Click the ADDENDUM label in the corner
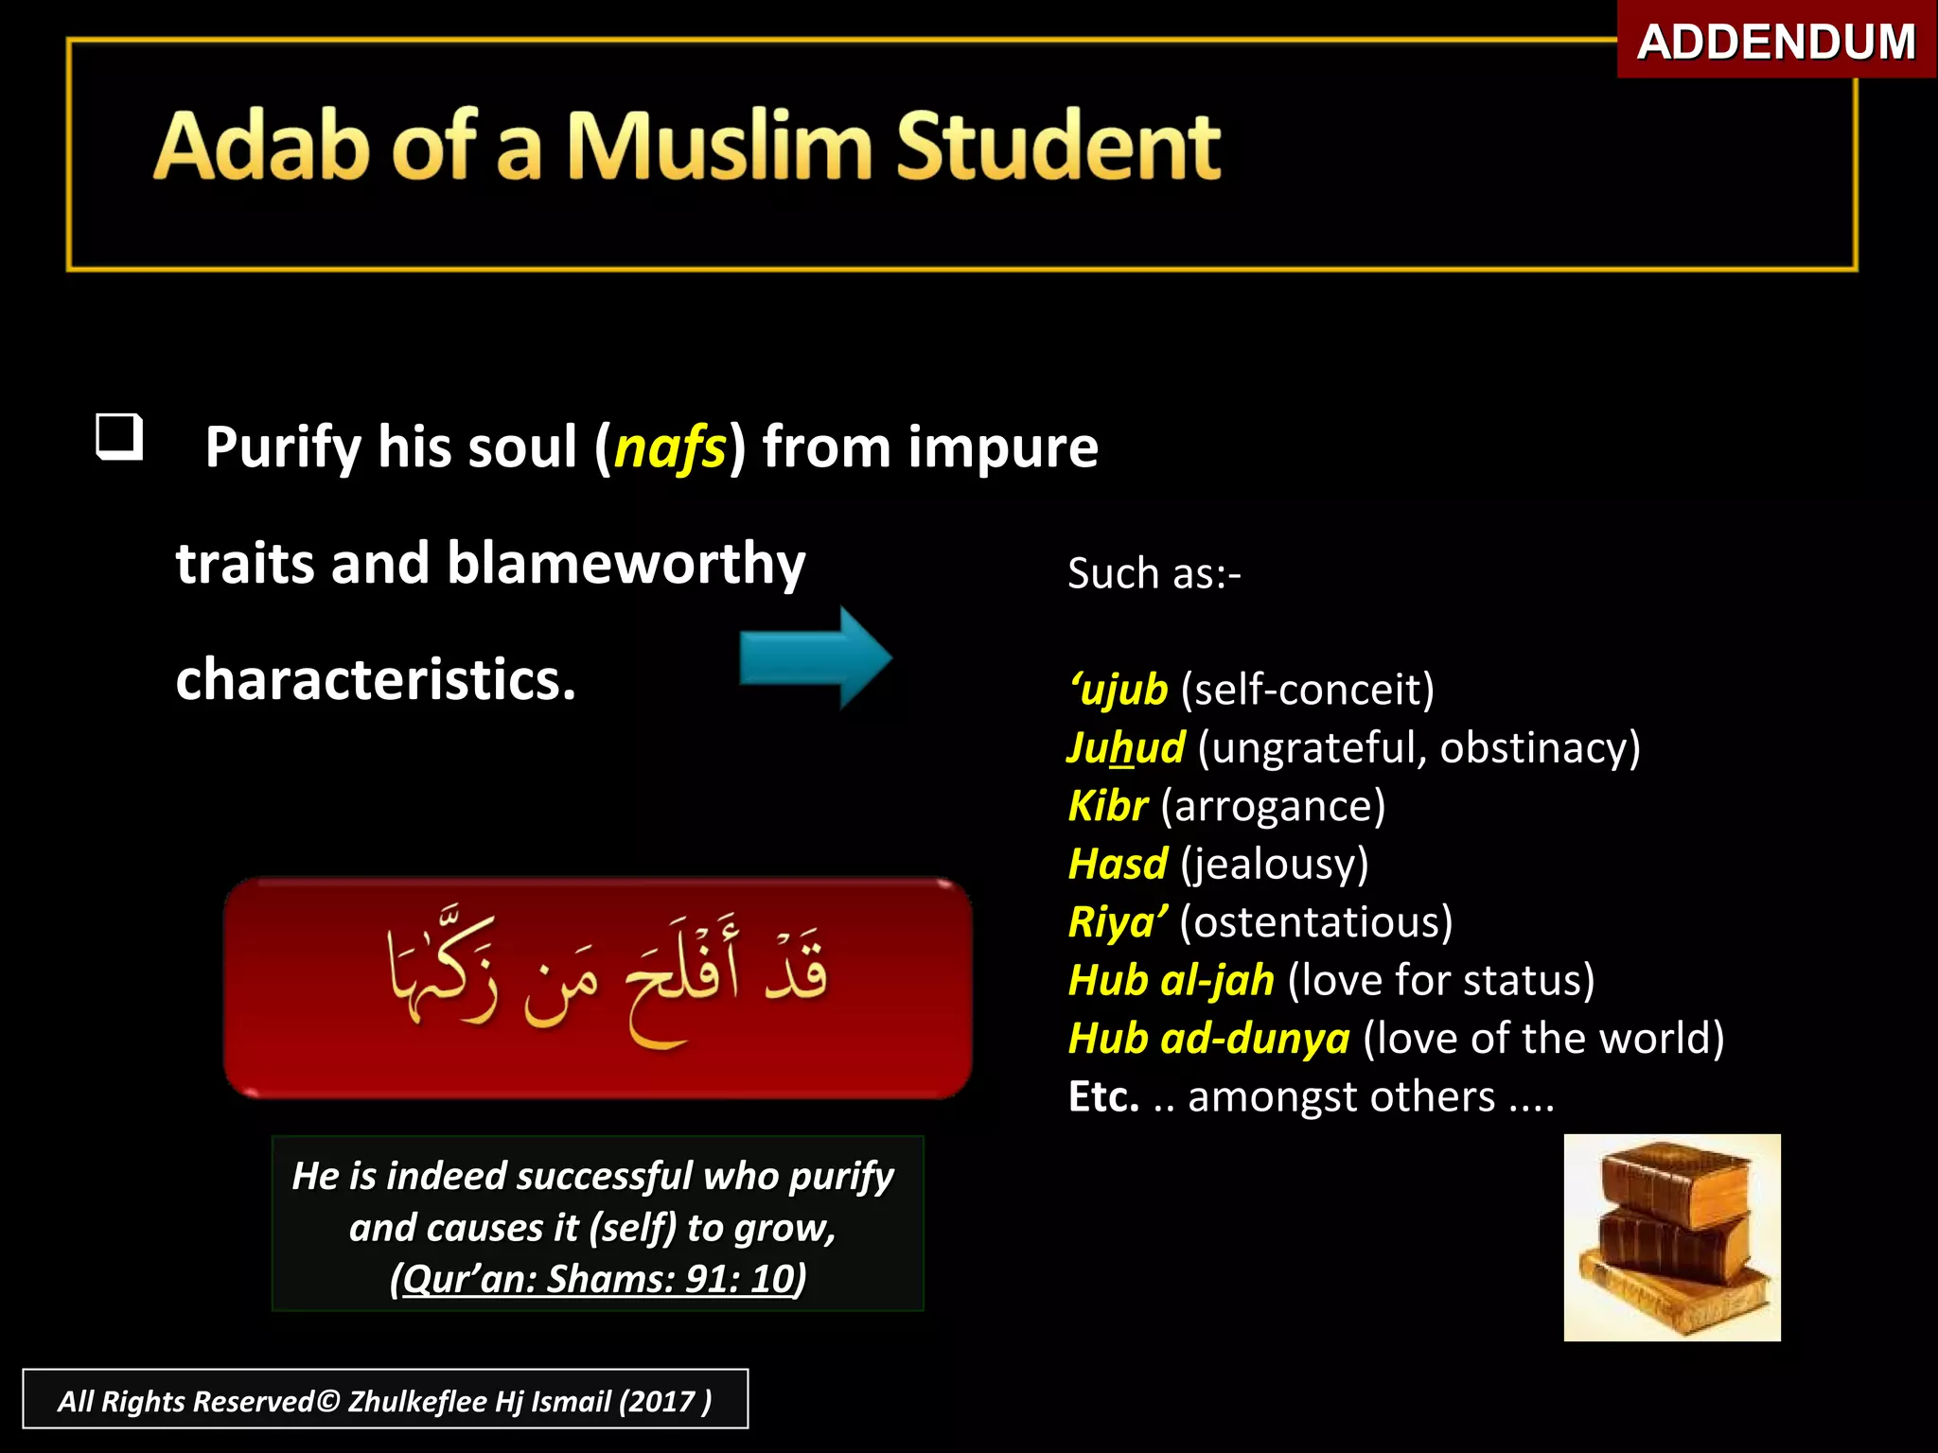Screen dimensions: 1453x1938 1775,43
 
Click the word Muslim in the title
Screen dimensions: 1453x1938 719,147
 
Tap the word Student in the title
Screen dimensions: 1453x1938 1058,147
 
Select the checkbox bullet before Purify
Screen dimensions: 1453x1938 120,437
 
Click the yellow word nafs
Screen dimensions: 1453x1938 670,447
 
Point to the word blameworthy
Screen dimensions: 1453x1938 625,564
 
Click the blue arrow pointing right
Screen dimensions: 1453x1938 815,657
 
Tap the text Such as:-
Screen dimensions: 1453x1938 1154,573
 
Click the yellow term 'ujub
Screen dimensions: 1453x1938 1119,690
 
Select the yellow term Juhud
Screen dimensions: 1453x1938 1125,747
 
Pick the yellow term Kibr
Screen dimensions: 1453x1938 1107,806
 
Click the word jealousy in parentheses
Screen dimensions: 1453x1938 1274,865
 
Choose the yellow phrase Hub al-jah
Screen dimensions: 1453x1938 1171,980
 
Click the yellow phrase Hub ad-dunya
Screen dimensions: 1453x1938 1208,1039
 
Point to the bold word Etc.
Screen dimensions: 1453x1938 1103,1097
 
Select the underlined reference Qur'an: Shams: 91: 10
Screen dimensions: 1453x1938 598,1279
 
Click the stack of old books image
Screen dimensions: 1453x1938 1671,1237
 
